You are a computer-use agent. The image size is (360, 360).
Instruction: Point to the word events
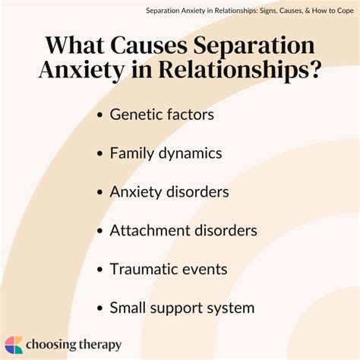207,269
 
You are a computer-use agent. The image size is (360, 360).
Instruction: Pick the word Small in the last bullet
128,308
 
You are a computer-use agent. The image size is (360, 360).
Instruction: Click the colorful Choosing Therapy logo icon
13,344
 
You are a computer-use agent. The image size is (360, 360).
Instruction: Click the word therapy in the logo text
100,345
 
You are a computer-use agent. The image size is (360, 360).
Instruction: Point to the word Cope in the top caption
343,11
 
